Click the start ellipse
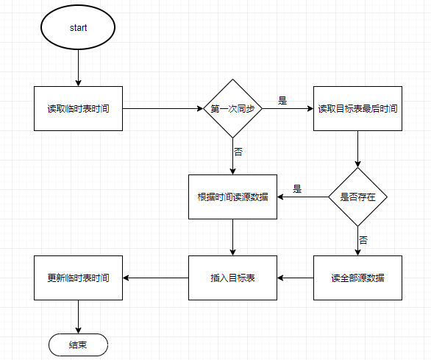[x=78, y=28]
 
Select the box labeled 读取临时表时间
[x=78, y=109]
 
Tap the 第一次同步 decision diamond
[x=232, y=109]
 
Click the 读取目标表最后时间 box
[x=357, y=109]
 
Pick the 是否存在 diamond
[x=357, y=197]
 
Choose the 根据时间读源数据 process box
[x=232, y=197]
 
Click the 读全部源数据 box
[x=357, y=278]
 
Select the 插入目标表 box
[x=232, y=278]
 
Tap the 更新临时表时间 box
[x=78, y=278]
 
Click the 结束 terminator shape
[x=78, y=344]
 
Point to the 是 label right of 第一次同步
[x=282, y=99]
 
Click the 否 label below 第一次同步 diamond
[x=238, y=152]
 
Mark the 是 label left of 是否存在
[x=297, y=188]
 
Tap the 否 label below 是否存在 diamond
[x=363, y=240]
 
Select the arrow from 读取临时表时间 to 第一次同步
[x=162, y=109]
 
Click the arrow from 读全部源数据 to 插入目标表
[x=295, y=278]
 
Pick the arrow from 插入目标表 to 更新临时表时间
[x=155, y=278]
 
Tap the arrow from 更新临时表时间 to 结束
[x=78, y=317]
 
